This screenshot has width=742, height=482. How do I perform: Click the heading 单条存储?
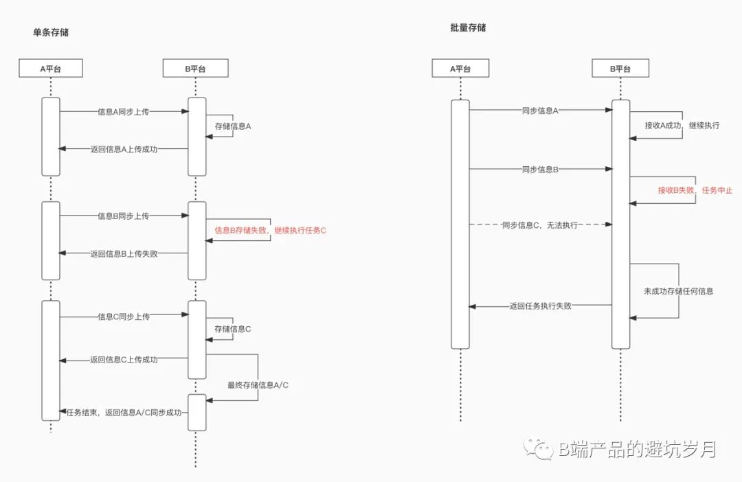51,32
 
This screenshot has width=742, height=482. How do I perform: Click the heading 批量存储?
468,27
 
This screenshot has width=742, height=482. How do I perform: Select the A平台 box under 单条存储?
51,68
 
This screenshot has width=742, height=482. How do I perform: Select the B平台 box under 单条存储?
195,68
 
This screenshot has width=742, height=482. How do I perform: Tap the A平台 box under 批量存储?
460,68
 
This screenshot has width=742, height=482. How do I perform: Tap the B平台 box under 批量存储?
620,68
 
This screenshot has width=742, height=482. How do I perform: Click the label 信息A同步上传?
124,111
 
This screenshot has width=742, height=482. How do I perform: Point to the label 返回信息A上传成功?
124,149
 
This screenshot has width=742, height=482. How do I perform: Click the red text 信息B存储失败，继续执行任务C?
270,231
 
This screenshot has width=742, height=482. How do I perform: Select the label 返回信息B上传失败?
124,253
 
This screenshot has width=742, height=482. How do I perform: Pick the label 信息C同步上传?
124,317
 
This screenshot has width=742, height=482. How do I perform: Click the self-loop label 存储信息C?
233,329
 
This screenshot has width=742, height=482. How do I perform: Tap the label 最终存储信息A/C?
258,385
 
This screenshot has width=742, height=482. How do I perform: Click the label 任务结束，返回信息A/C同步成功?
124,413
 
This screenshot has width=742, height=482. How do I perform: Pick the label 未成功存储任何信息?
678,291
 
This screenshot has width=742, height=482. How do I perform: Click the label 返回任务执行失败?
540,306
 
